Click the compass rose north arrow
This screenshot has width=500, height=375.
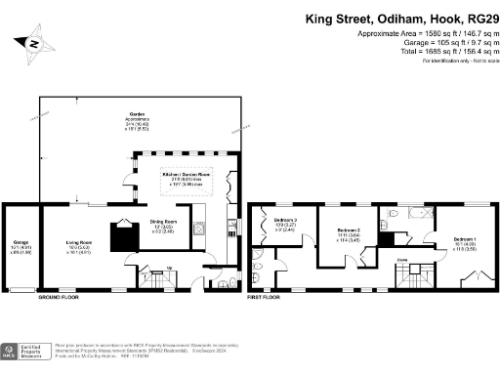pos(33,44)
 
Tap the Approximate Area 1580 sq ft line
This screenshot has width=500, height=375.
pos(410,34)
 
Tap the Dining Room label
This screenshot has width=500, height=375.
pos(163,224)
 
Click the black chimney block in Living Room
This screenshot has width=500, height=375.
pos(125,235)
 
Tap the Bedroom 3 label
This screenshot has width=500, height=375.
pos(285,223)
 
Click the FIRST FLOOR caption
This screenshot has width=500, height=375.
pos(264,295)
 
